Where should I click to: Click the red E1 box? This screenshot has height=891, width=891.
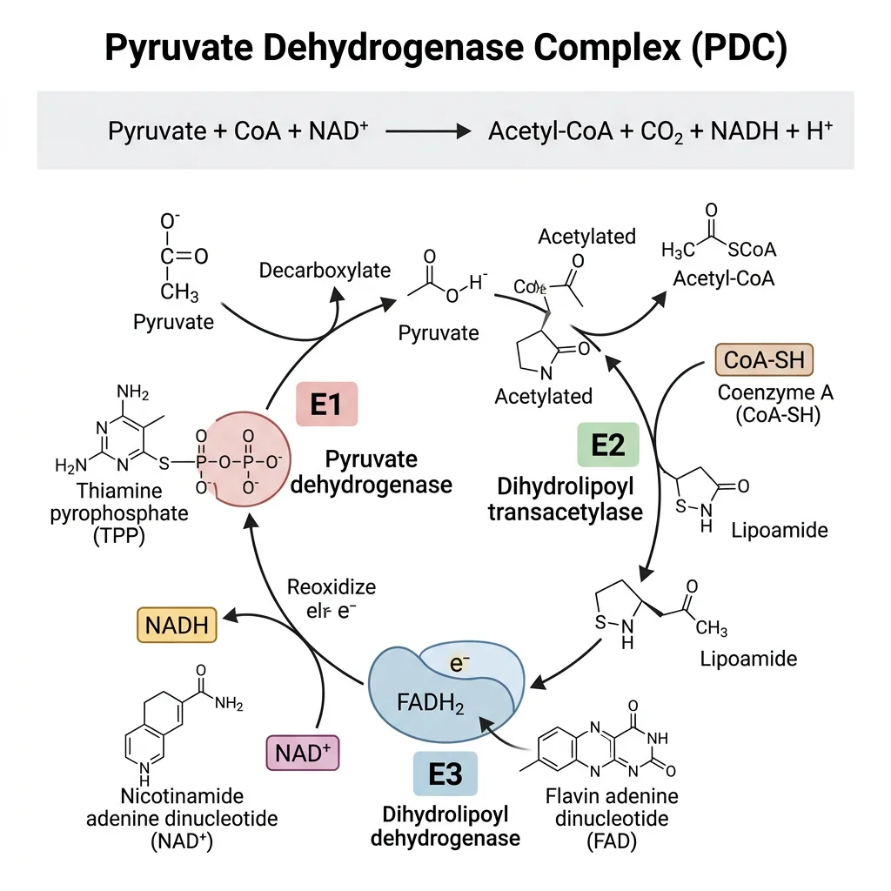tap(325, 404)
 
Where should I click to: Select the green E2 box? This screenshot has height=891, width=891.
tap(608, 445)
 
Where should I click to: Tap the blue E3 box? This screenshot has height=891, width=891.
tap(445, 774)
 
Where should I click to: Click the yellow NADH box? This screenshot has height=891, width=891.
tap(177, 625)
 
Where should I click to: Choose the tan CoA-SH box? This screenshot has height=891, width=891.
tap(764, 358)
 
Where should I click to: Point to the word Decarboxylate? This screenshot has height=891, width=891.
tap(325, 271)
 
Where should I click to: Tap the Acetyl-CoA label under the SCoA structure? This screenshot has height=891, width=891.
tap(723, 279)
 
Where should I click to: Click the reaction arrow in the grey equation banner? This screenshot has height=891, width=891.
tap(427, 132)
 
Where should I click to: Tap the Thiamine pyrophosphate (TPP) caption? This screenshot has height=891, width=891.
tap(120, 513)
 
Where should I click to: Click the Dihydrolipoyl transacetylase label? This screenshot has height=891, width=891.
tap(565, 499)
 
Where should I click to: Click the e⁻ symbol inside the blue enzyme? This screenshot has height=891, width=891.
tap(459, 663)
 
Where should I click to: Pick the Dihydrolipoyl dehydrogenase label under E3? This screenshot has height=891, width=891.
tap(445, 826)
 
